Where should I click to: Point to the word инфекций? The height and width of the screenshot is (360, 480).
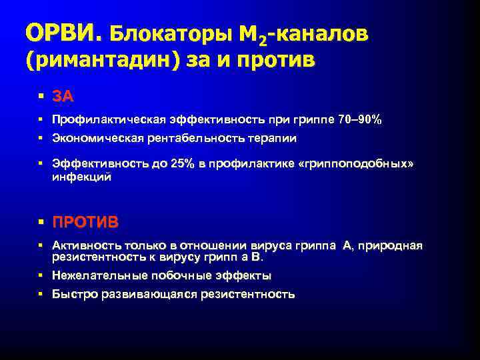[81, 178]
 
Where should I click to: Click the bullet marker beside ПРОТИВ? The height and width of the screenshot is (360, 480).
[41, 221]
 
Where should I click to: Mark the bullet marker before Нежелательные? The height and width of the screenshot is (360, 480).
[41, 275]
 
